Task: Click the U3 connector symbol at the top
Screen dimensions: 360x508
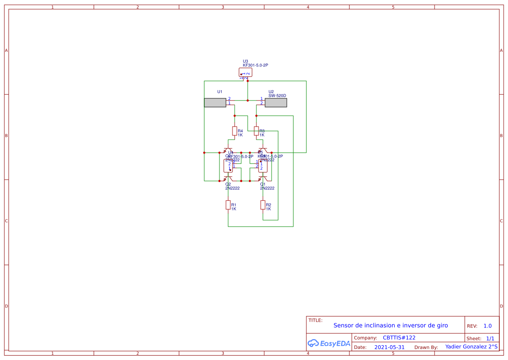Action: pos(246,72)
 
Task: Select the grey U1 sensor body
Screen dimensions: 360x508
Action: pos(215,103)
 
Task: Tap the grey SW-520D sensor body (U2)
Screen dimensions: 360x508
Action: pos(276,103)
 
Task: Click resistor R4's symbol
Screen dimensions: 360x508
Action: pos(235,131)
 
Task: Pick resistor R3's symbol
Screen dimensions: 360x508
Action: pos(256,131)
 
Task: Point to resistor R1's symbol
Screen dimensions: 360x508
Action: pos(228,205)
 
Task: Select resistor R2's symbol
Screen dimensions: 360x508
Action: pos(263,205)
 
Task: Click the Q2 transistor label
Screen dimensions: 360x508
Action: pos(228,184)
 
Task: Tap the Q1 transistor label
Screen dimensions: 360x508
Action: pos(263,184)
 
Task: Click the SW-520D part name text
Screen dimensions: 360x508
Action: pos(277,96)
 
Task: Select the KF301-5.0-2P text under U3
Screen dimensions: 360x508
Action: pos(256,65)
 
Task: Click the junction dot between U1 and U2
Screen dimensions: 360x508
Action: pos(248,100)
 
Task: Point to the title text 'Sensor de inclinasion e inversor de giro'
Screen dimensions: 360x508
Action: pos(390,325)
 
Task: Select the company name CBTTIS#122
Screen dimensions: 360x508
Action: pos(399,338)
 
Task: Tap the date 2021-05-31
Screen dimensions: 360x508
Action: pos(389,347)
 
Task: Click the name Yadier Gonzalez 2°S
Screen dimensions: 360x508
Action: pos(471,347)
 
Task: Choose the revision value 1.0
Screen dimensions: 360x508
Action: pos(488,326)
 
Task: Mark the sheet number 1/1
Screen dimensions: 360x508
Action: pos(490,338)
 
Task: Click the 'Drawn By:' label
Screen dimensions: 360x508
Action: pos(426,347)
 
